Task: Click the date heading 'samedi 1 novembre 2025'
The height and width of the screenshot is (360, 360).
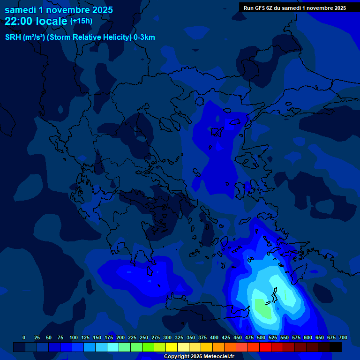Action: coord(59,10)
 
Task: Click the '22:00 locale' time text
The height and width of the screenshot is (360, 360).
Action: coord(36,21)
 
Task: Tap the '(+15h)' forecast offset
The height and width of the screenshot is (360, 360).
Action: coord(81,21)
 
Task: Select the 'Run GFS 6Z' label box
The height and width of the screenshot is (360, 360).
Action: coord(294,8)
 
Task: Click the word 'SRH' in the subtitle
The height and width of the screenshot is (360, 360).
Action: coord(13,37)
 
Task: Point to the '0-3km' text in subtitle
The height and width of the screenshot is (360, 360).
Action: coord(144,37)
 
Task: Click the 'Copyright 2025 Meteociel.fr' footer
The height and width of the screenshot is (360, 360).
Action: coord(199,357)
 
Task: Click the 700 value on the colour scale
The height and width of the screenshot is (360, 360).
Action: coord(343,337)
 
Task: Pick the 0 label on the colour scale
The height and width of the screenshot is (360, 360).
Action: coord(24,337)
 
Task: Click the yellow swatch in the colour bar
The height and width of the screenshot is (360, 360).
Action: coord(172,347)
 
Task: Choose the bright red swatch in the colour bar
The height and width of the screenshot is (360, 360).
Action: coord(265,347)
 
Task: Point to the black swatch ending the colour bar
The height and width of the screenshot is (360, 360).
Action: coord(336,347)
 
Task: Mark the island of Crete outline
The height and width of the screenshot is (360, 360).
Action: coord(206,309)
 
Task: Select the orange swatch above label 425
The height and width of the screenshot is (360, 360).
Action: coord(218,347)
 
